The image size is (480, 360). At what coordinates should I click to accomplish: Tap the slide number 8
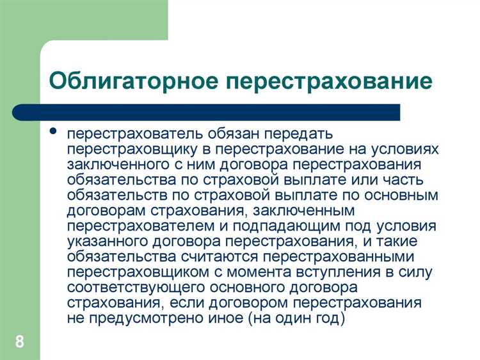pyautogui.click(x=20, y=341)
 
